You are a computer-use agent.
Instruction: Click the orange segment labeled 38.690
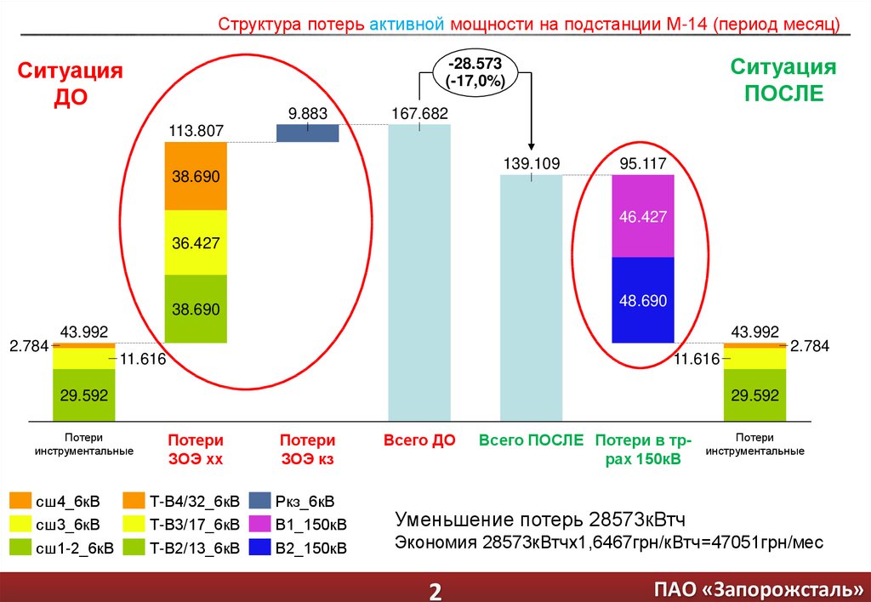pos(196,176)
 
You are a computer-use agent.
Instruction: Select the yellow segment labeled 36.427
pos(196,242)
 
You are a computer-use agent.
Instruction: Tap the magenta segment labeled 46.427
pos(643,216)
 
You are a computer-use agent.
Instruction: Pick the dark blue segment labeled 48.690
pos(643,299)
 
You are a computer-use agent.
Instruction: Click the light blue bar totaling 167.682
pos(419,272)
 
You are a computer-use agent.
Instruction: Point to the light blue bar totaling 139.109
pos(532,298)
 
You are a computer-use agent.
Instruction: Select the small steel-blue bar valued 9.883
pos(308,133)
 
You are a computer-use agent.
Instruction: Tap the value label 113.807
pos(196,131)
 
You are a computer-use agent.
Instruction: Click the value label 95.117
pos(643,164)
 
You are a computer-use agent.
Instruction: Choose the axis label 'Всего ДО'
pos(419,440)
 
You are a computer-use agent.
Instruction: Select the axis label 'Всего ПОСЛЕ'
pos(531,440)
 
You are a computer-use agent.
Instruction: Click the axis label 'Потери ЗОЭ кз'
pos(308,449)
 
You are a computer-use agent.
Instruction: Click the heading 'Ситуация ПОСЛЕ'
pos(784,80)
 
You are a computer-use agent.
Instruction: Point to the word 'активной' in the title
pos(406,24)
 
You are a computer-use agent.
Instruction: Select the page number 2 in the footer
pos(435,590)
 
